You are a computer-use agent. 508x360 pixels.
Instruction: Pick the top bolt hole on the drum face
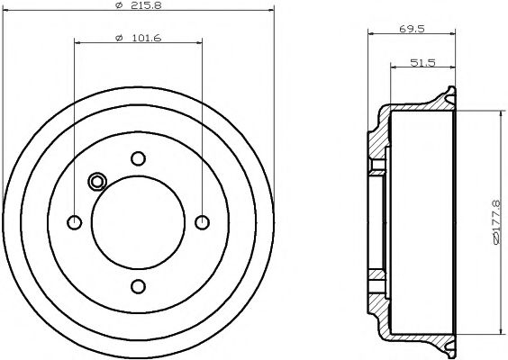click(138, 159)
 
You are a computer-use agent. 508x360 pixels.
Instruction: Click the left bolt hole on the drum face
click(75, 222)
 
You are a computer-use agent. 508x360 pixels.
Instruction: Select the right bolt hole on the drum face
click(202, 222)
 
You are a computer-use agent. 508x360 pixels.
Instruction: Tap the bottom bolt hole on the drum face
click(138, 286)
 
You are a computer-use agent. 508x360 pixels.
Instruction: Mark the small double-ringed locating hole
click(97, 182)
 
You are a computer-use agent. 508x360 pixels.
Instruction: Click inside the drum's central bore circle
click(138, 222)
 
